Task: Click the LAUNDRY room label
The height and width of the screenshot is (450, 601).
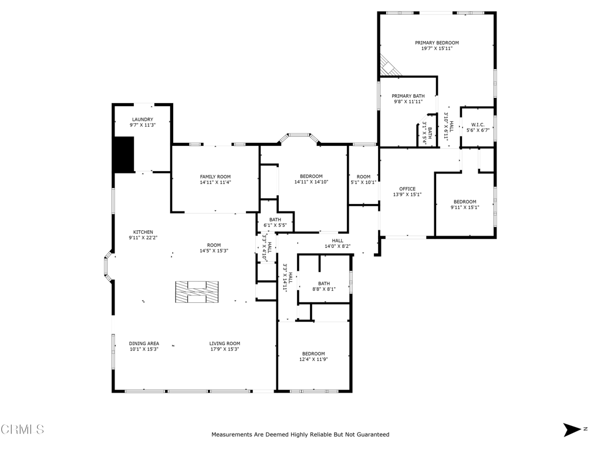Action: (143, 120)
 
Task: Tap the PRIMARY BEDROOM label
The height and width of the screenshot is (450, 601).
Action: (437, 43)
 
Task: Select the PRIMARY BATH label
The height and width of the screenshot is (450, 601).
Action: (408, 96)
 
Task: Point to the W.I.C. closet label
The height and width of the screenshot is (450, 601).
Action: (478, 125)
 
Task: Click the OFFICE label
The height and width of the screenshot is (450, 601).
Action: (407, 189)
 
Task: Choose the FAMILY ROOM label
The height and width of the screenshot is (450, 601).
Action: (215, 177)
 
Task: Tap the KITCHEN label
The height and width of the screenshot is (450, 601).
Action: (143, 232)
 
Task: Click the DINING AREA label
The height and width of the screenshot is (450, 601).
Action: (144, 343)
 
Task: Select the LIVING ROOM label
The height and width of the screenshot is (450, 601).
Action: (225, 343)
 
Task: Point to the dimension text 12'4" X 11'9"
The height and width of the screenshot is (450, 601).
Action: (313, 359)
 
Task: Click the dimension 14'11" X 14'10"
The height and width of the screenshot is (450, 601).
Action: (311, 182)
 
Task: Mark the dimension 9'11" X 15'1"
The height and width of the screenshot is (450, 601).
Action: (465, 207)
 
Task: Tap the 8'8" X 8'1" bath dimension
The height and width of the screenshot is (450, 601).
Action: (324, 289)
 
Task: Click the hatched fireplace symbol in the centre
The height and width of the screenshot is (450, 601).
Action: (197, 292)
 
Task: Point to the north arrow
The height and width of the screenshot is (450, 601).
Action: (572, 429)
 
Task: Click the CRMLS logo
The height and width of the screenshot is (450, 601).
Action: (22, 429)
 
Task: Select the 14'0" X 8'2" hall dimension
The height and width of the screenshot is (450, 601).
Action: (337, 247)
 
